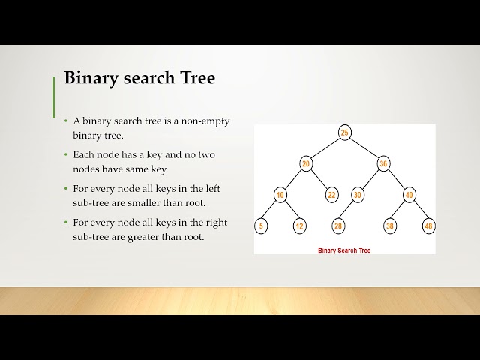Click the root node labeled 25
344,133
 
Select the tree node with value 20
305,164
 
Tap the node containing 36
383,164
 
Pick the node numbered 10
280,195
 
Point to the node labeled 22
331,195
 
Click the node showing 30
358,195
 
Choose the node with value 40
409,195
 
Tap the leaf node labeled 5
262,226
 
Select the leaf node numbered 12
300,226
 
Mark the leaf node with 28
338,226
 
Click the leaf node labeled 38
390,226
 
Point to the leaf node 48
428,226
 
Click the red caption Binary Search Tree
344,250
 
